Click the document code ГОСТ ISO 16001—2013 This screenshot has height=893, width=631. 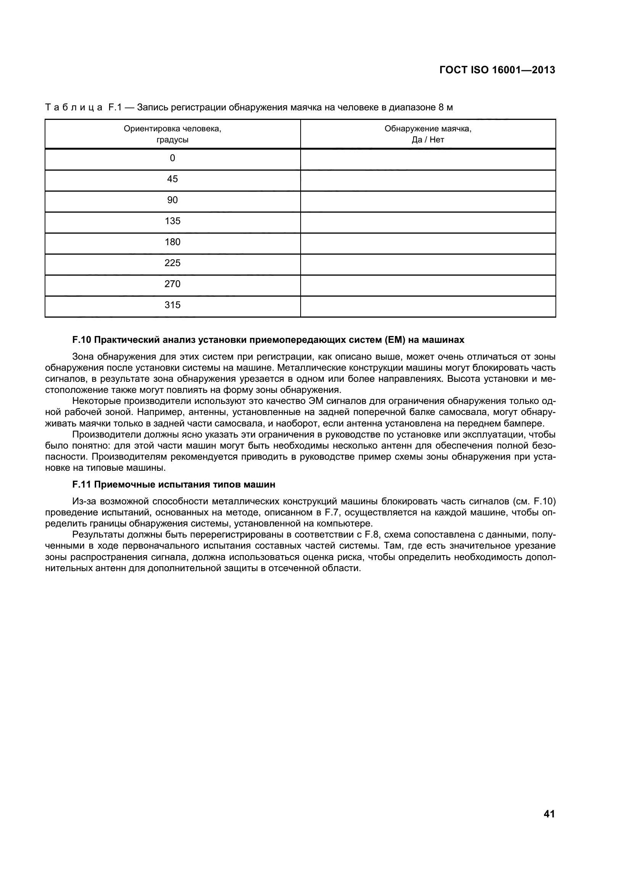497,70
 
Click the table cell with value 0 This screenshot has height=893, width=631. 172,158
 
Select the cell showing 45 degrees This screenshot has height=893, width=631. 172,179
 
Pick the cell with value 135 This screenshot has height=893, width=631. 172,221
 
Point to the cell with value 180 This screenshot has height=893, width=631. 172,242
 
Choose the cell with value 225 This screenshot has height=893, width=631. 172,263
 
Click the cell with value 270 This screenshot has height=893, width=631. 172,284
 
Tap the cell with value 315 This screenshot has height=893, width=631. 172,305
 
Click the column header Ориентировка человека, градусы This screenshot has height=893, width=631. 172,134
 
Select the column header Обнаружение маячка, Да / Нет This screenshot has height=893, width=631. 428,134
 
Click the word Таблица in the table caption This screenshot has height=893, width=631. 74,107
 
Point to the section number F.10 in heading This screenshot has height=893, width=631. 82,340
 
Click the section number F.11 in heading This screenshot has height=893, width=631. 82,484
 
